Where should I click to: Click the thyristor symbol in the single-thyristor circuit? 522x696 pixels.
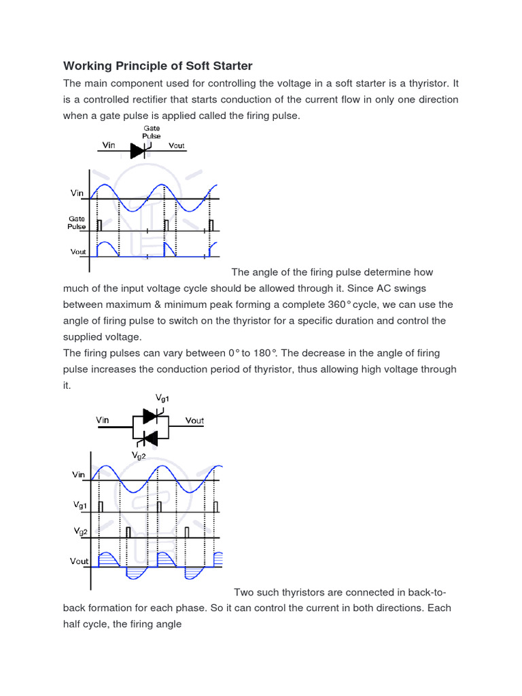(x=138, y=150)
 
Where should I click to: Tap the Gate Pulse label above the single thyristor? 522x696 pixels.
(x=151, y=131)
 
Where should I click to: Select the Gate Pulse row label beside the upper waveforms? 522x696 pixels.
(x=76, y=222)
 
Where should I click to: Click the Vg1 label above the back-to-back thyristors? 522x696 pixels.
(x=162, y=398)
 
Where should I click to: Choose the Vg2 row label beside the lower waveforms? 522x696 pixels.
(x=80, y=530)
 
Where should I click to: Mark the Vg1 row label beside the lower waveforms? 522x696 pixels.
(x=80, y=505)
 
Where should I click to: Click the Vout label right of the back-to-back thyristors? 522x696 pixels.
(x=194, y=421)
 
